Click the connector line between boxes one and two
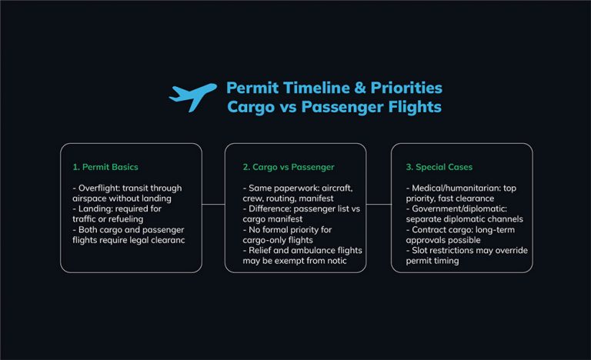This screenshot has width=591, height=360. coord(213,204)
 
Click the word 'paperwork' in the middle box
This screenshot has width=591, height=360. coord(291,188)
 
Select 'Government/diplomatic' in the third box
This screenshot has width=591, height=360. coord(447,208)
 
